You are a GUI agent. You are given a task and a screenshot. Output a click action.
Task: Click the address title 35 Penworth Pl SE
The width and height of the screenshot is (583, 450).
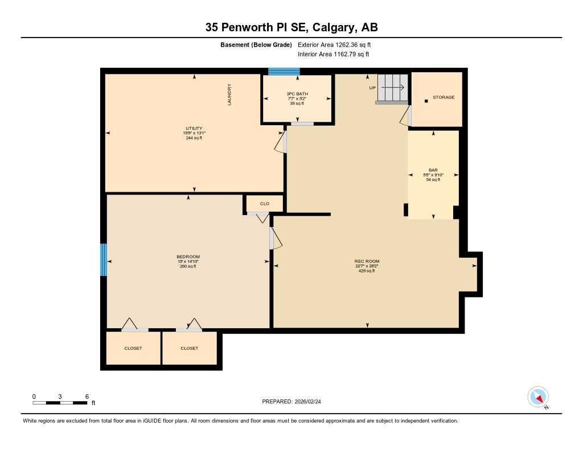point(291,27)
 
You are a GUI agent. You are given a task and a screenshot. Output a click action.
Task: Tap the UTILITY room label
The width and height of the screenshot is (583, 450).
point(194,129)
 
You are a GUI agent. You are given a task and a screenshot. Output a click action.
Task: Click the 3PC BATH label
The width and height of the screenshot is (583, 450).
point(297,94)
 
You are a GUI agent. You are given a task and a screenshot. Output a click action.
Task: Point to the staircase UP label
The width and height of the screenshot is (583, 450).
point(372,88)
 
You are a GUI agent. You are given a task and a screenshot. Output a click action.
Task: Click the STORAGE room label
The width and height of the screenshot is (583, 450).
point(444,97)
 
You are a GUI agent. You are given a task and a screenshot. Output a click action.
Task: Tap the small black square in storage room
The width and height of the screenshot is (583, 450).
point(426,101)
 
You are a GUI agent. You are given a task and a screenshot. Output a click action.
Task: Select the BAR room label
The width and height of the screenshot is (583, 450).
point(433,170)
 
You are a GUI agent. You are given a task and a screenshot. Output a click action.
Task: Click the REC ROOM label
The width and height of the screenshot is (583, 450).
point(367,261)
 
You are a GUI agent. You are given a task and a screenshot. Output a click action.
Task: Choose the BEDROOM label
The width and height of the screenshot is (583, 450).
point(188,257)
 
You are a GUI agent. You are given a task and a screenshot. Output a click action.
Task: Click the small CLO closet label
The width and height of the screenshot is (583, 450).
point(264,203)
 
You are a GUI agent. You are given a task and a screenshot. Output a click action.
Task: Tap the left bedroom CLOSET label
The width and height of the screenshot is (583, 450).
point(133,348)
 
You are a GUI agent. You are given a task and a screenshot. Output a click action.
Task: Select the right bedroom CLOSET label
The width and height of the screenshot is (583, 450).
point(190,348)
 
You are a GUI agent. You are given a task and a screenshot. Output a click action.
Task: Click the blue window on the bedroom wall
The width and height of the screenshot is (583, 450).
point(104,259)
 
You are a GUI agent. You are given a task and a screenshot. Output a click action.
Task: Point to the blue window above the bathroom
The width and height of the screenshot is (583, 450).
point(284,71)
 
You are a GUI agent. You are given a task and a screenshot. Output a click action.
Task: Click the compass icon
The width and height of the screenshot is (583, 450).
point(538,397)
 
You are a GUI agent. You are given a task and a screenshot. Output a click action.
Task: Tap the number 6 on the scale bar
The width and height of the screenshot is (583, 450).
point(87,396)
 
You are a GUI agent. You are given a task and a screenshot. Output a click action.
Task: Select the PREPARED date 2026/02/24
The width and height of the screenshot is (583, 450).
point(295,402)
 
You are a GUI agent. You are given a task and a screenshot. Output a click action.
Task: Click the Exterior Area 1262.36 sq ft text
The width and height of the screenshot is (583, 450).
point(334,44)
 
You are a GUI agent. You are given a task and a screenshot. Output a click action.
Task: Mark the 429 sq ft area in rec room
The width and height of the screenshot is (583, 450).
point(367,271)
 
